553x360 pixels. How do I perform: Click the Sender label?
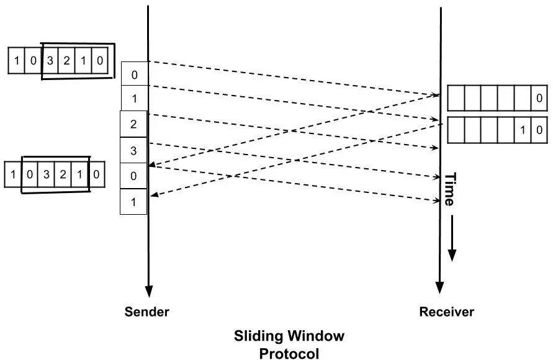pos(146,311)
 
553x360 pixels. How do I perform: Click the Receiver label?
pos(446,311)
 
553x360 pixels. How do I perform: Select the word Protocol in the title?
pos(289,353)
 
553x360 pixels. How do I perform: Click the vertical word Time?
pos(451,189)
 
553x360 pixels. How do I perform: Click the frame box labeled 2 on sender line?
pos(133,124)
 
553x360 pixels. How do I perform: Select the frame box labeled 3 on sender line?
pos(133,150)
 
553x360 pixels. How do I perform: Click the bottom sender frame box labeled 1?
pos(133,202)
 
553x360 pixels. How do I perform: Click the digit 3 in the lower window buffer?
pos(47,174)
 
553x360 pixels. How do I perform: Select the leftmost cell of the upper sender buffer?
pos(16,61)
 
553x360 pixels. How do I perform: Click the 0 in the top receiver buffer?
pos(539,99)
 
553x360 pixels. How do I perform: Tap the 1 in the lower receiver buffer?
pos(523,130)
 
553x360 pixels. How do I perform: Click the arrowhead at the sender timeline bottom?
pos(148,290)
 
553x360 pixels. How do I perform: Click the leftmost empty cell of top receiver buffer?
pos(456,99)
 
